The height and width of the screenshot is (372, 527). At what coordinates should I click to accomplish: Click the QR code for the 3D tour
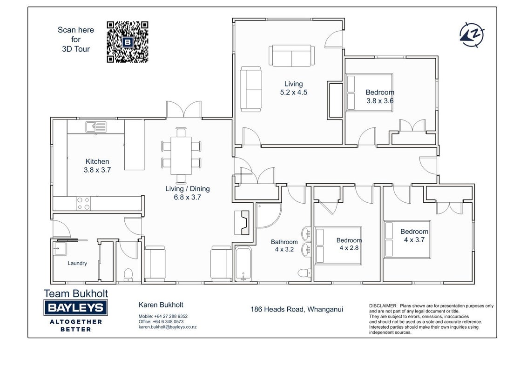128,42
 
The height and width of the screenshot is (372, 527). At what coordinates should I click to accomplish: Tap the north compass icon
472,35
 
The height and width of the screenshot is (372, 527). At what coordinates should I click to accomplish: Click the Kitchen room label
97,161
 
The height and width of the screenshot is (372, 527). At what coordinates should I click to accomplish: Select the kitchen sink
96,127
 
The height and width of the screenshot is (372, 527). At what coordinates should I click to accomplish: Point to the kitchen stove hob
83,203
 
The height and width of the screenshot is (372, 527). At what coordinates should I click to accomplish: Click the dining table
181,155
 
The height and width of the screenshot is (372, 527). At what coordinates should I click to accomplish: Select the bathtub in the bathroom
243,264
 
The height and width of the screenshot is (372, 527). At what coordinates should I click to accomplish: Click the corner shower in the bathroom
268,215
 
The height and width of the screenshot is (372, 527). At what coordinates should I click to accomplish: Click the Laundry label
77,263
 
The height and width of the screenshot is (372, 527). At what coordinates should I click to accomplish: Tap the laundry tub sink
60,248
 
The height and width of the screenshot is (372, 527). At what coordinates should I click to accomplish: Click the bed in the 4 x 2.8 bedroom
338,246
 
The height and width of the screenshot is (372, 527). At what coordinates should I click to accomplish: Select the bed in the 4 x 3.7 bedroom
407,239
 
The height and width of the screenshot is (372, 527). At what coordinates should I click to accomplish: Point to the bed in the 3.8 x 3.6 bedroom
369,93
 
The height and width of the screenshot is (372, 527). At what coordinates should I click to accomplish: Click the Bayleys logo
75,307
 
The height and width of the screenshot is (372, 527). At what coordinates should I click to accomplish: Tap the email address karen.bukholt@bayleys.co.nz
168,327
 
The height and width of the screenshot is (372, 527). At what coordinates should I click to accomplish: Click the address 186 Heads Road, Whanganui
297,309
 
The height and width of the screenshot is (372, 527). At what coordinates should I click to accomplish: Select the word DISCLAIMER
383,306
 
